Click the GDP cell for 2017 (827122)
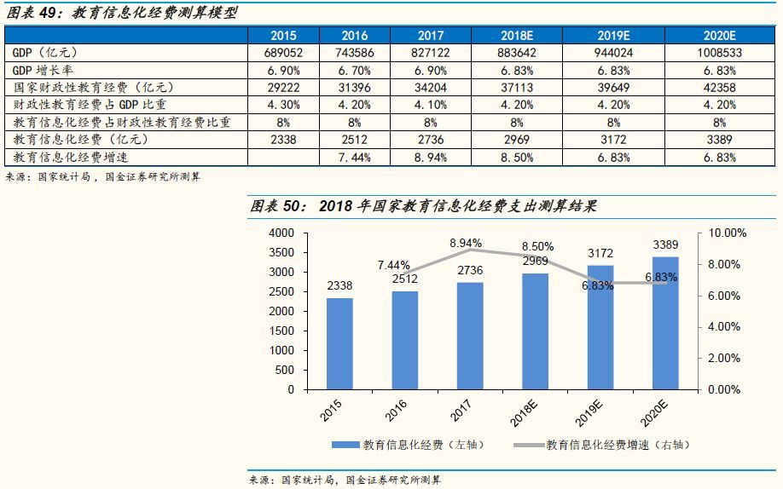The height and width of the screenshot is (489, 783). pyautogui.click(x=431, y=52)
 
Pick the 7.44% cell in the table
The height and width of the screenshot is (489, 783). pyautogui.click(x=355, y=158)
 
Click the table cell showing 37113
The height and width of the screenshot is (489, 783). pyautogui.click(x=518, y=88)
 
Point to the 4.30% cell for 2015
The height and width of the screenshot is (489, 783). pyautogui.click(x=283, y=105)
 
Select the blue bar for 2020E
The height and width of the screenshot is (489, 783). pyautogui.click(x=665, y=323)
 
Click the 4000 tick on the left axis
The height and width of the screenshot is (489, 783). pyautogui.click(x=281, y=233)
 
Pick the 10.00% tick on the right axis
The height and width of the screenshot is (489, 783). pyautogui.click(x=728, y=233)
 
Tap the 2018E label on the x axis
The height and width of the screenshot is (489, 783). pyautogui.click(x=528, y=412)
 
